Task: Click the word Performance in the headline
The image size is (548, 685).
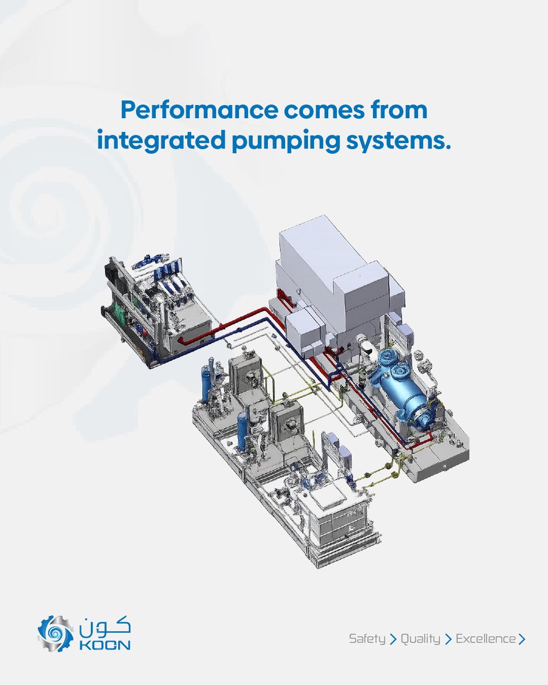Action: pyautogui.click(x=199, y=110)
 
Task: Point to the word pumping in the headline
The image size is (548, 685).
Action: pyautogui.click(x=286, y=142)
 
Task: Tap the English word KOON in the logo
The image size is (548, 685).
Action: pyautogui.click(x=105, y=645)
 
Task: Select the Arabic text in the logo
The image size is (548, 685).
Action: pyautogui.click(x=105, y=626)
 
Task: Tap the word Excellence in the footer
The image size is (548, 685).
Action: pyautogui.click(x=486, y=639)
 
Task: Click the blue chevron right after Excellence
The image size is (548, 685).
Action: pyautogui.click(x=522, y=639)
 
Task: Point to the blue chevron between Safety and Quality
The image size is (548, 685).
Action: pyautogui.click(x=393, y=639)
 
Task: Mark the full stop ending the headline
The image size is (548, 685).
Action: pyautogui.click(x=448, y=147)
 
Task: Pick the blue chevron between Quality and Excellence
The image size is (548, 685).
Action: pyautogui.click(x=448, y=639)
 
